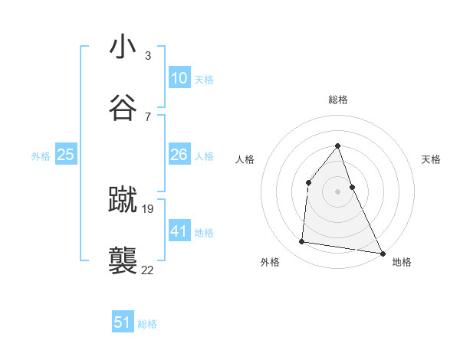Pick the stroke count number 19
(148, 209)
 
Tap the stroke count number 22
(148, 270)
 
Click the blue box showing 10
(179, 78)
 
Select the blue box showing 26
(179, 155)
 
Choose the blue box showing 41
(179, 231)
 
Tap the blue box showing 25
(65, 155)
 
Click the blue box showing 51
(123, 322)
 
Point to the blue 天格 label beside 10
(204, 80)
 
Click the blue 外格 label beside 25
(41, 156)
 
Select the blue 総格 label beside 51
(147, 324)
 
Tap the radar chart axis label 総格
(338, 100)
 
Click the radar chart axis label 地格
(402, 262)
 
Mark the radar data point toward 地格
(382, 252)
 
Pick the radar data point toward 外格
(302, 242)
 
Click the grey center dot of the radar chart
(338, 191)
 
